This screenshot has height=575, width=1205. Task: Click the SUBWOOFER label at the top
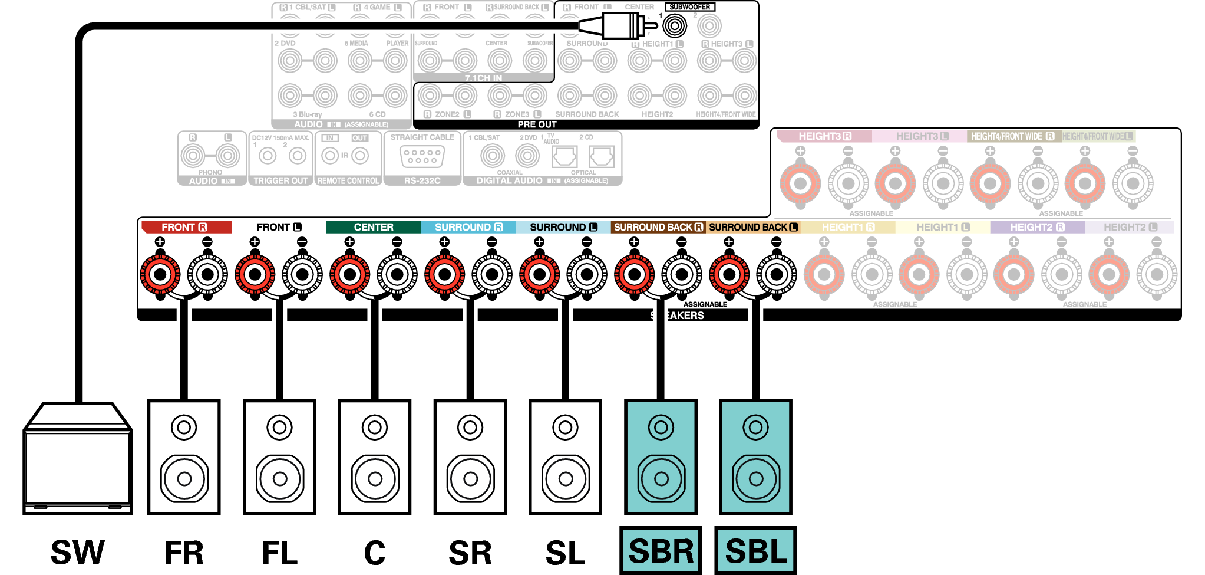coord(689,7)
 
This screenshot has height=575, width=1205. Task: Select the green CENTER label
coord(374,227)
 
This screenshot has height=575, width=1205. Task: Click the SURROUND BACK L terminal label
coord(752,227)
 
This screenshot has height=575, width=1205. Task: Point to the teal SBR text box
coord(661,551)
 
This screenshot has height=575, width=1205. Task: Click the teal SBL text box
coord(755,551)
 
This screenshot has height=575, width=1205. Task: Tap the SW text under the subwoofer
coord(77,553)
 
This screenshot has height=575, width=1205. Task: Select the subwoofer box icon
coord(77,460)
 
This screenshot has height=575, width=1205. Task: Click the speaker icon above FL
coord(279,457)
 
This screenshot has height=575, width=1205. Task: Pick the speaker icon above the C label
coord(375,457)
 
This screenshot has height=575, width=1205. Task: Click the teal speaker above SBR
coord(661,457)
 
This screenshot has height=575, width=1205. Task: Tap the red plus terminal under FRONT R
coord(160,274)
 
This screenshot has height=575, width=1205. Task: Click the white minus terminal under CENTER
coord(397,274)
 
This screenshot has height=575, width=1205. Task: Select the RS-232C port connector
coord(422,156)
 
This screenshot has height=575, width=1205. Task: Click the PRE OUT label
coord(537,124)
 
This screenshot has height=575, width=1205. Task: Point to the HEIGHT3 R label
coord(824,136)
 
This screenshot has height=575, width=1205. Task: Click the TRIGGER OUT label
coord(280,181)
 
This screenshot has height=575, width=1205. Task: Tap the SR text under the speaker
coord(470,553)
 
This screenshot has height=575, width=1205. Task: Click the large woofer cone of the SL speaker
coord(565,478)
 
